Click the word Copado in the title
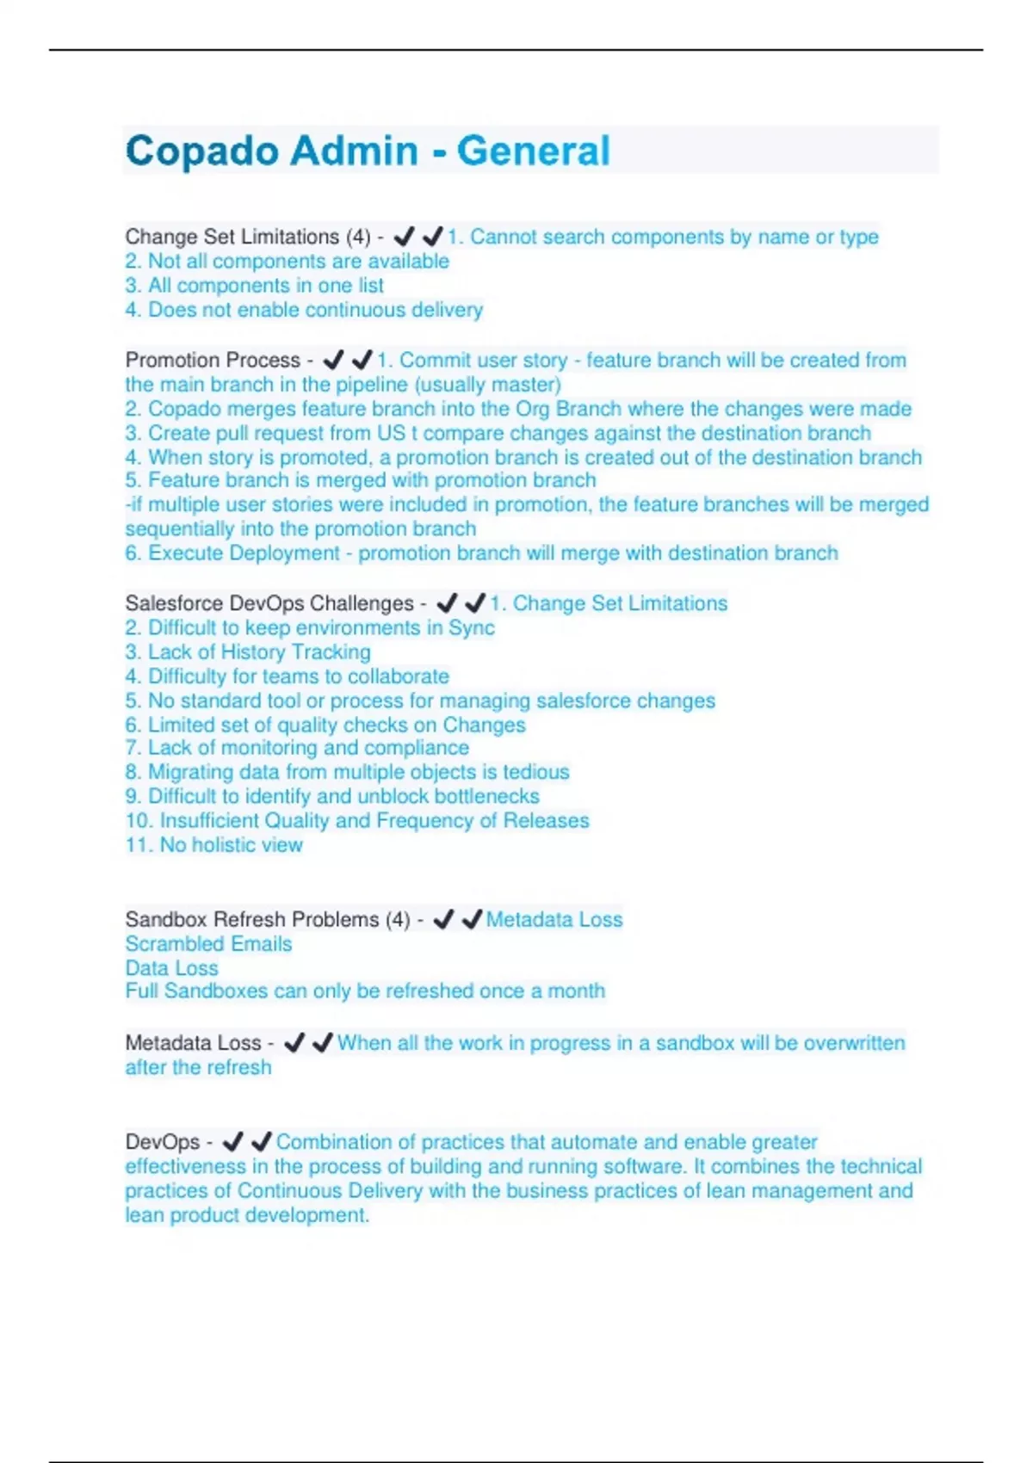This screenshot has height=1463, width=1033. (201, 151)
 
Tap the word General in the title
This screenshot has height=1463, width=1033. (533, 151)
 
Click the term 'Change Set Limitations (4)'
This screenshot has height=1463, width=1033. (248, 237)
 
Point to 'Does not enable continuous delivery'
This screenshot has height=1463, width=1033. (304, 310)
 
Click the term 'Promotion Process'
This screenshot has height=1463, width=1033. (213, 360)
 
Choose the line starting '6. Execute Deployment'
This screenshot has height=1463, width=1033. (481, 552)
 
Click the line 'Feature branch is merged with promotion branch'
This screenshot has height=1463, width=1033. (361, 480)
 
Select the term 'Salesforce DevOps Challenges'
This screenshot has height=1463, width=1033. (269, 603)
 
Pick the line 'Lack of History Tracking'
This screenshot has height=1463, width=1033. (248, 651)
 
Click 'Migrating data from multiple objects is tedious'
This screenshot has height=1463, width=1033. (347, 772)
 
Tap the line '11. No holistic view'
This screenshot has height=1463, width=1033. (213, 844)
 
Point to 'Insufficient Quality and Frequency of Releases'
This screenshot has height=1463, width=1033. (357, 820)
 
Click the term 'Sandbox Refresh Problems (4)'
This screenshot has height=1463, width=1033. (268, 919)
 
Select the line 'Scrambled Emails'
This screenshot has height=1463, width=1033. (208, 944)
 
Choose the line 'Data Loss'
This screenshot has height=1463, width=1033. (172, 968)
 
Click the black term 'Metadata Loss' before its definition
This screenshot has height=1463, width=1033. (193, 1043)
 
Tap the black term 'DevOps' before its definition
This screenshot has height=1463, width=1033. (162, 1142)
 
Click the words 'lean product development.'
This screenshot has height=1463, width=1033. (247, 1215)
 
